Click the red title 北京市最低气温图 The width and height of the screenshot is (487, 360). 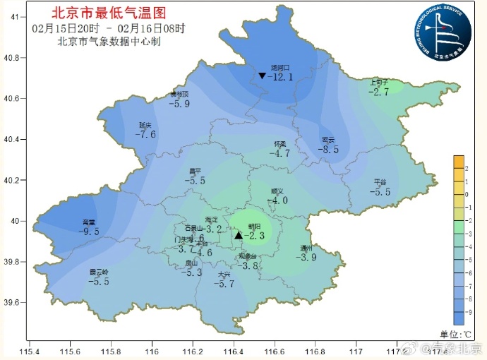point(109,13)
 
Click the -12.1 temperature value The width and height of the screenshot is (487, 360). point(282,77)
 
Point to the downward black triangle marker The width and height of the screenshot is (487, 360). point(262,76)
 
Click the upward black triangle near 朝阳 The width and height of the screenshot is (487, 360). point(239,235)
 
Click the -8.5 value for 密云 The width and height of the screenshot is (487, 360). point(328,150)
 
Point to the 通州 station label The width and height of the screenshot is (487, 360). point(306,248)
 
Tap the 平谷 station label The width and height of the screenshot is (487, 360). point(380,182)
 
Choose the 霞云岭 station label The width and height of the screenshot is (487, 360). point(99,272)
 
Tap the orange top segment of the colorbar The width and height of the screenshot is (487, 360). point(458,162)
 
